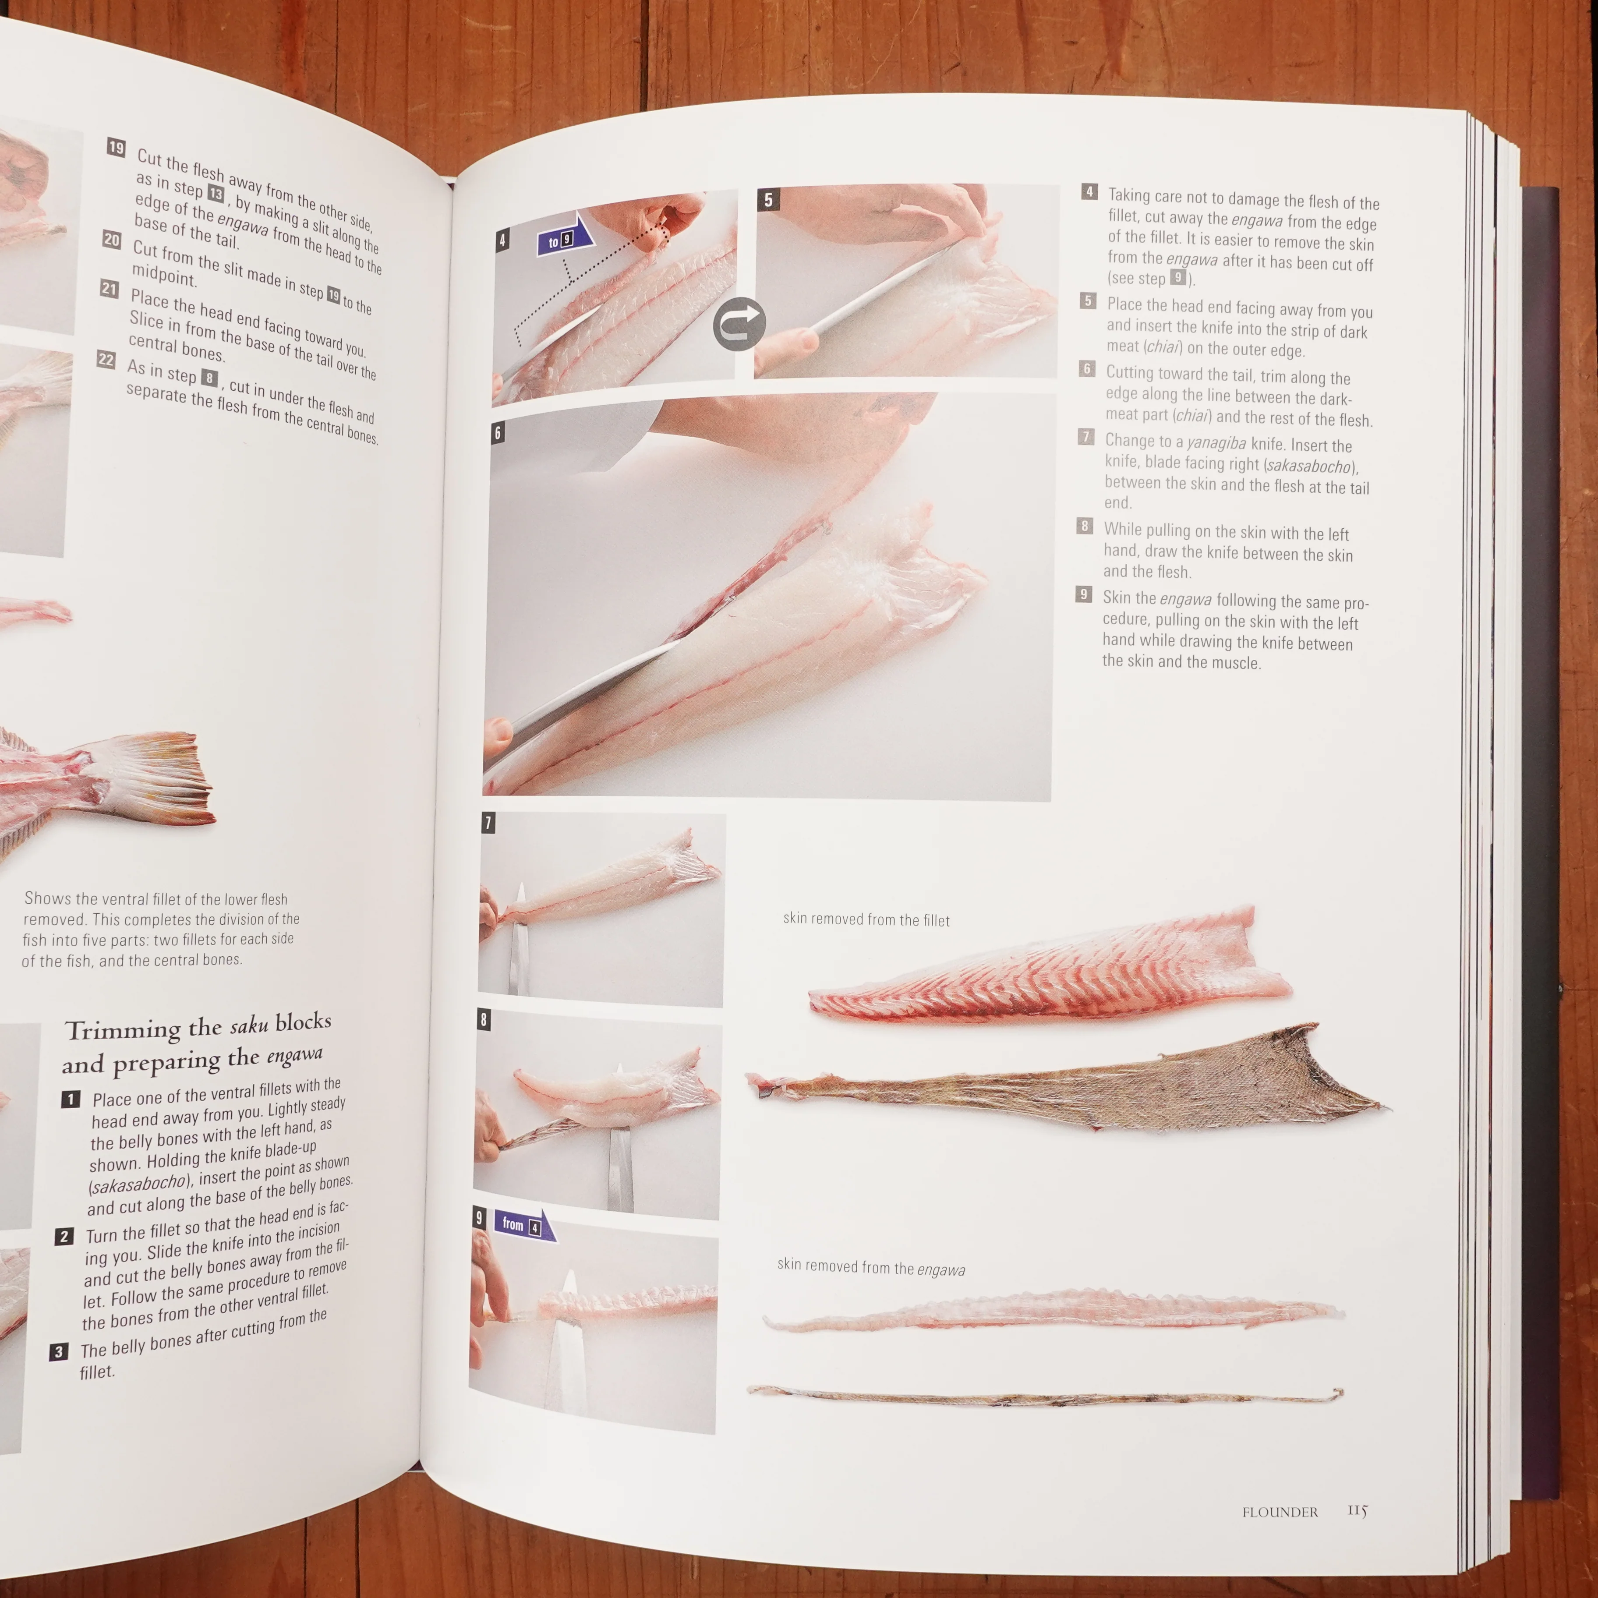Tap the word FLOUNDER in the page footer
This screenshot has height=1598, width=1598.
point(1280,1512)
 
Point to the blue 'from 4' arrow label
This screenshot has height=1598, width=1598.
point(524,1225)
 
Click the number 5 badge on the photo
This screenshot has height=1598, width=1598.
point(768,199)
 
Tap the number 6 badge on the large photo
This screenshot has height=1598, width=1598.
point(497,433)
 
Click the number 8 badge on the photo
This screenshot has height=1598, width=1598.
point(484,1019)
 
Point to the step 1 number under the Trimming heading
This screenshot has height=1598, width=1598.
point(71,1099)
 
